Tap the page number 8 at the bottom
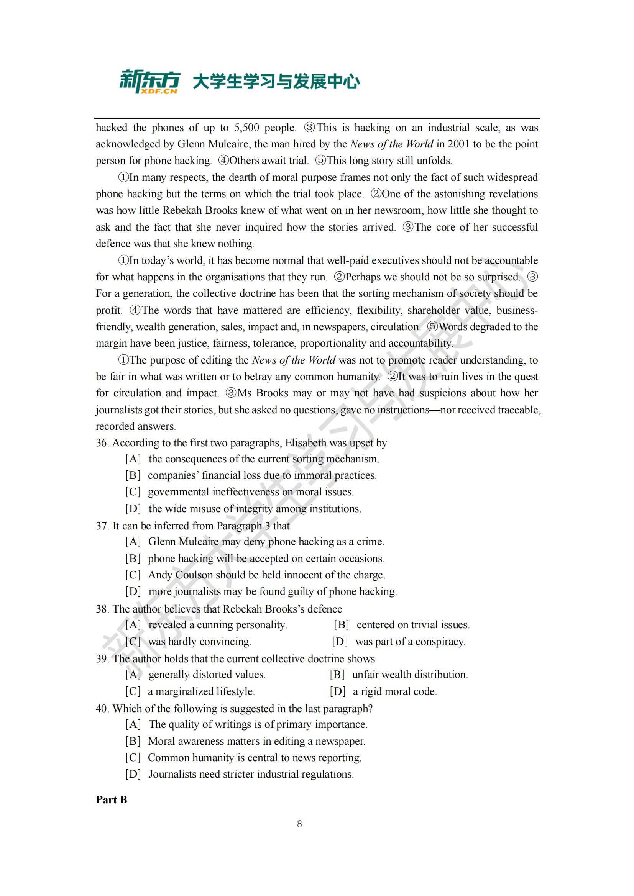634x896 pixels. pyautogui.click(x=299, y=824)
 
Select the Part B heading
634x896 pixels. pyautogui.click(x=111, y=799)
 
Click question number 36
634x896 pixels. pyautogui.click(x=102, y=443)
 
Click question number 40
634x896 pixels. pyautogui.click(x=102, y=709)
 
